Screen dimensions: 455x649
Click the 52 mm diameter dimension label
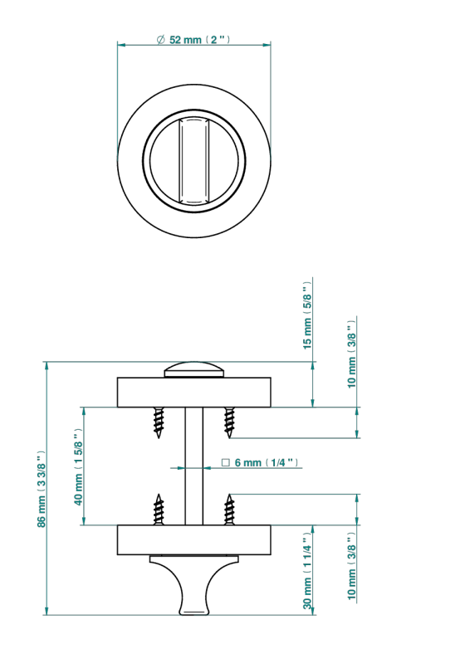click(x=193, y=40)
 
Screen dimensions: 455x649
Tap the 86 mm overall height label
click(x=42, y=489)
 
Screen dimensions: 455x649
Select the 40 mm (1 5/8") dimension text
click(x=78, y=466)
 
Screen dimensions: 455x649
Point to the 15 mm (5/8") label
click(x=306, y=315)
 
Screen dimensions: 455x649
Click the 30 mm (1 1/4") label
click(x=306, y=571)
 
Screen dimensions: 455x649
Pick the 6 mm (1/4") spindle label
click(x=260, y=462)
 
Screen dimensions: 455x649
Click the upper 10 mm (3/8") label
click(x=351, y=354)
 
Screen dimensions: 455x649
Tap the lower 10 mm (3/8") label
click(x=351, y=566)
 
